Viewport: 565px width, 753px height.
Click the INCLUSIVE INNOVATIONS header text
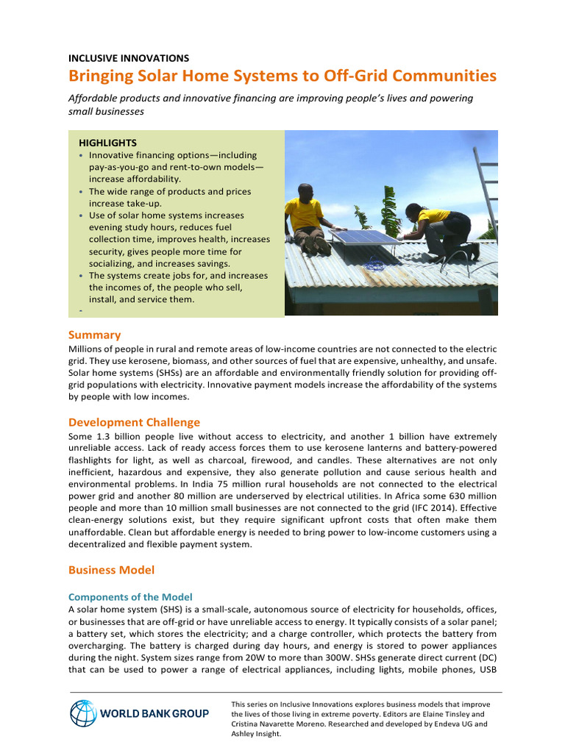pyautogui.click(x=129, y=57)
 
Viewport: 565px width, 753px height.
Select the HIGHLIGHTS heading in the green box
pyautogui.click(x=107, y=143)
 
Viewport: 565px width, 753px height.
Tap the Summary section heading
pyautogui.click(x=94, y=335)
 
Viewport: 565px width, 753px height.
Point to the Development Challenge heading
pyautogui.click(x=134, y=422)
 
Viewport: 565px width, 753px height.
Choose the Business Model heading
pyautogui.click(x=111, y=570)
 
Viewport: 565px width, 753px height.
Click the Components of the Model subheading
pyautogui.click(x=130, y=596)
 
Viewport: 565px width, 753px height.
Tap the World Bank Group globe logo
pyautogui.click(x=83, y=713)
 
